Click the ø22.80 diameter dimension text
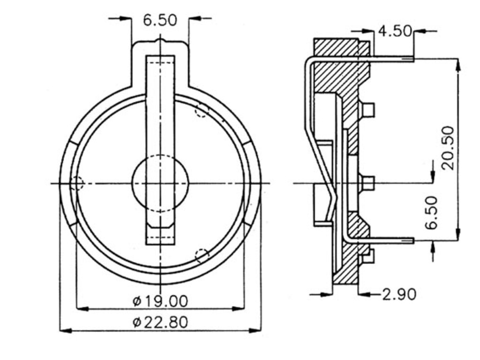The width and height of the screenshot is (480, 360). pyautogui.click(x=160, y=322)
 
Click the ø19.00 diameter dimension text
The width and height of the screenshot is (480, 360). pyautogui.click(x=160, y=300)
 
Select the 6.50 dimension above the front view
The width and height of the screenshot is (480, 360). pyautogui.click(x=160, y=20)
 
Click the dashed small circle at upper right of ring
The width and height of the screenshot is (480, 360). pyautogui.click(x=202, y=110)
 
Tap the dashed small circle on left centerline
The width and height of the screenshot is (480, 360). pyautogui.click(x=76, y=183)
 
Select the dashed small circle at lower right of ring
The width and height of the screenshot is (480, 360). pyautogui.click(x=202, y=256)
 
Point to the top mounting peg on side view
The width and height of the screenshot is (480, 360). pyautogui.click(x=368, y=110)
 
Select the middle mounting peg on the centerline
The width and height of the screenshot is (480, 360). pyautogui.click(x=368, y=183)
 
